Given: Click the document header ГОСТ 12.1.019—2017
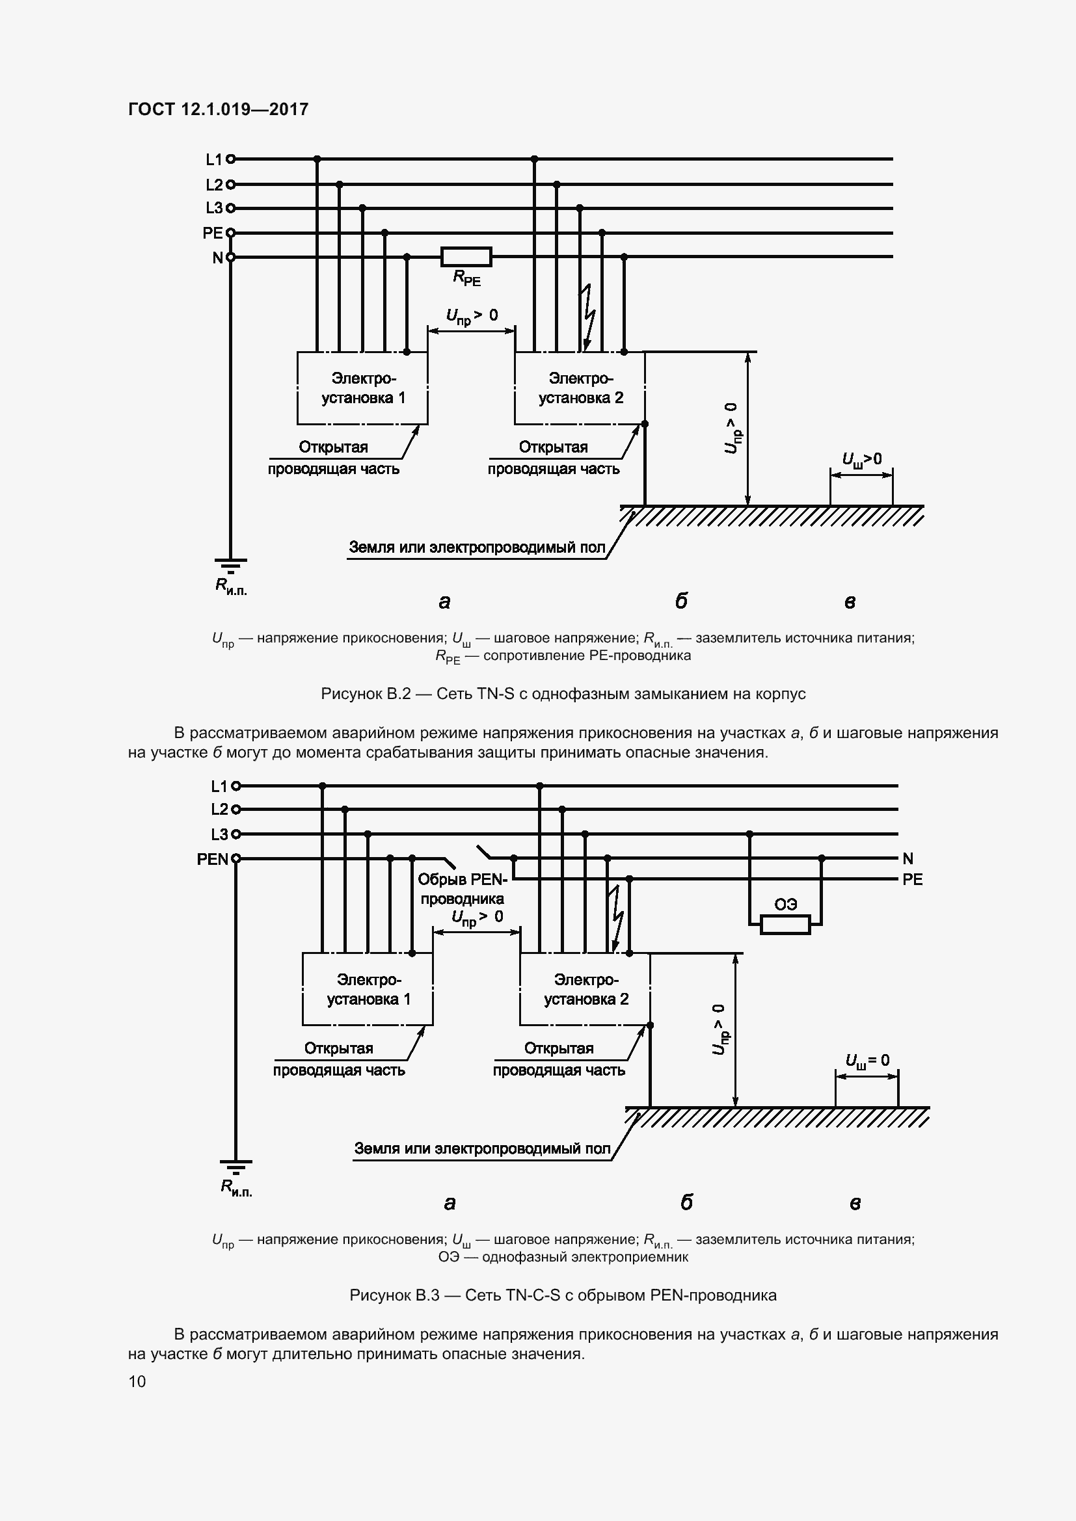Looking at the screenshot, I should pos(218,109).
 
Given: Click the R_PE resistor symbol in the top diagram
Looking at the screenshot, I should pos(466,257).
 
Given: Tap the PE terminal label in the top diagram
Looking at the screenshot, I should pos(213,233).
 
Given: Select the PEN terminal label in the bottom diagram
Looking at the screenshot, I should pos(212,860).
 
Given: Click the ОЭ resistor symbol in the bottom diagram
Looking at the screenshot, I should pos(785,925).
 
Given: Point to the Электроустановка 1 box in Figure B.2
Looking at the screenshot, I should pos(362,388).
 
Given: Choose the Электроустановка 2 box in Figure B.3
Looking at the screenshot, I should pos(585,990).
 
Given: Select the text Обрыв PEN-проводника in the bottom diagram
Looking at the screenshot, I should pos(463,889).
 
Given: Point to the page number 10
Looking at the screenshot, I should pos(137,1381).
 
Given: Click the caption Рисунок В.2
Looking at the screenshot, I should pos(563,694).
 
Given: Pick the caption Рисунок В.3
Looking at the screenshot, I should pos(563,1295).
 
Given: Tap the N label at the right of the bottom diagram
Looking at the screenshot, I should pos(908,859).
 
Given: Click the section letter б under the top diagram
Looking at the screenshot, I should pos(681,602).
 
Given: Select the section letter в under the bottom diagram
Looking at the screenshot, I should pos(855,1203).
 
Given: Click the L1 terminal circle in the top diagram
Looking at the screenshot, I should pos(230,159).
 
